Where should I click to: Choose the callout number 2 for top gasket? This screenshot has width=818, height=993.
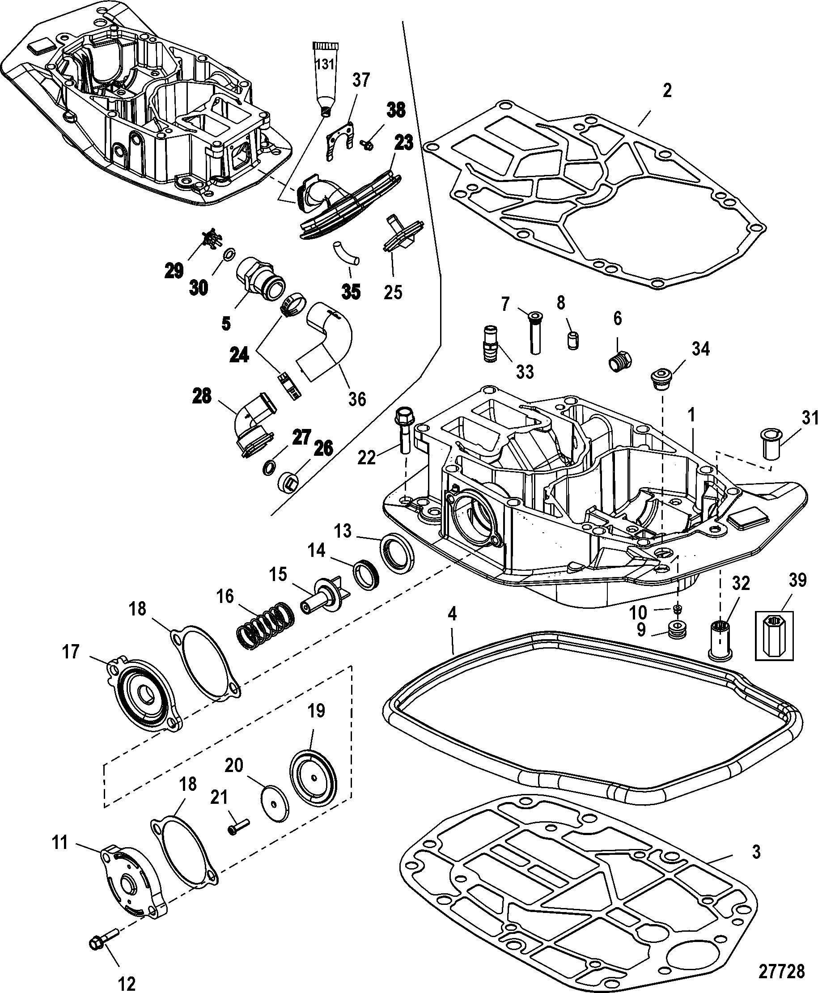pos(667,90)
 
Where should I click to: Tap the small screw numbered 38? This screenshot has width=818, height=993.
pos(367,144)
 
